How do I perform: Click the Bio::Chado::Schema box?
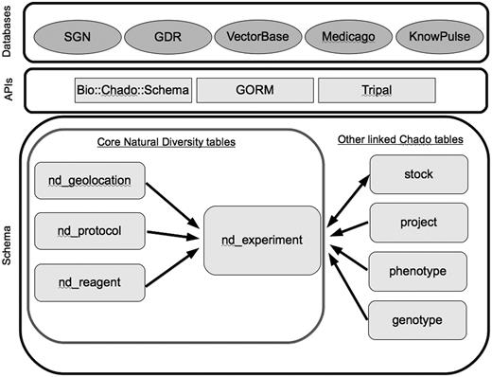[x=133, y=91]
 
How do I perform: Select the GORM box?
[x=265, y=91]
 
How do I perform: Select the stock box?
[x=417, y=174]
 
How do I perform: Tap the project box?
[x=417, y=223]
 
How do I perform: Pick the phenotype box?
[x=417, y=272]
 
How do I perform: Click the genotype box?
[x=417, y=321]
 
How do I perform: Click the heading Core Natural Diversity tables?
[x=167, y=142]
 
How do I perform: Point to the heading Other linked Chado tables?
[x=401, y=140]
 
